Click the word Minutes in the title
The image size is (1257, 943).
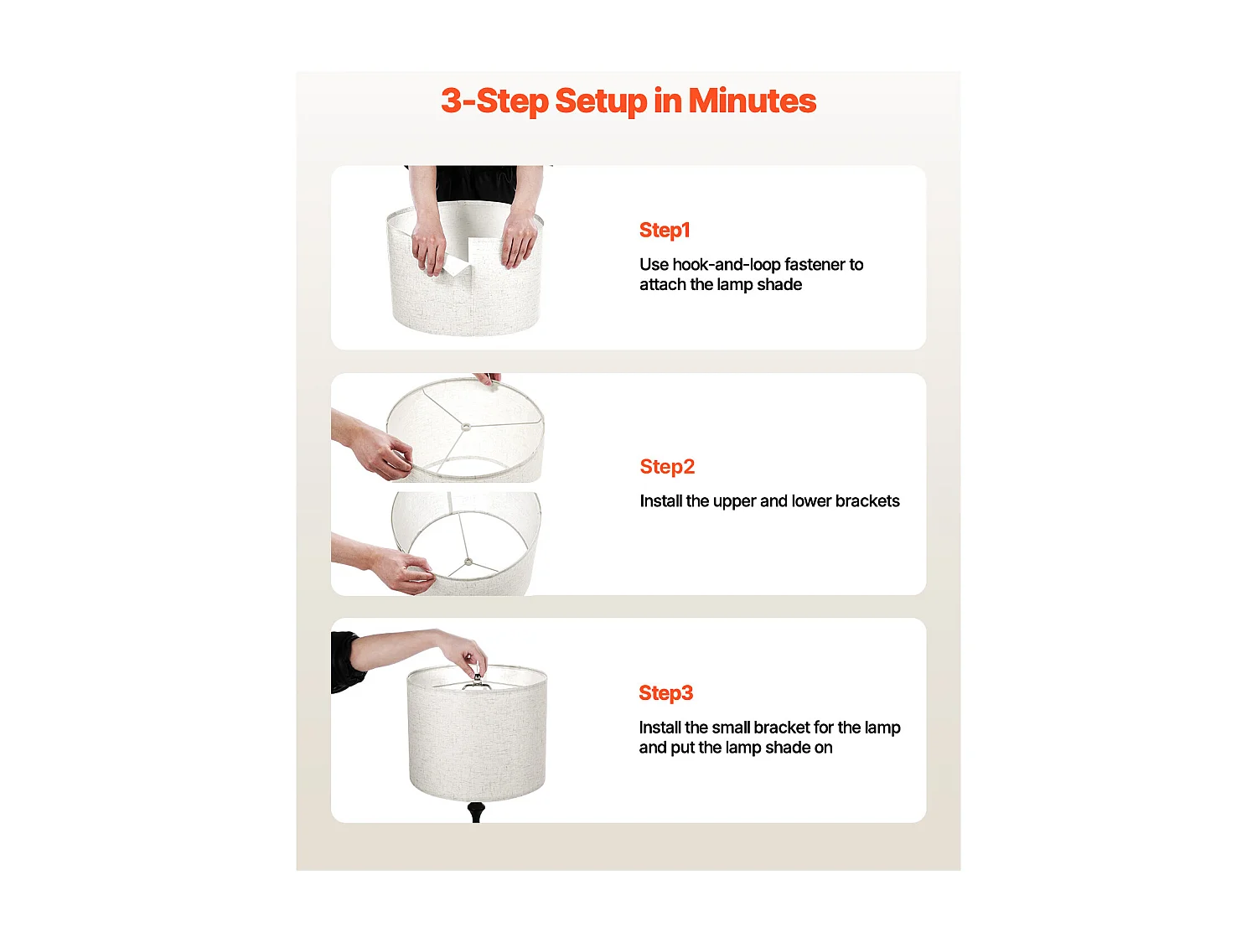pos(752,101)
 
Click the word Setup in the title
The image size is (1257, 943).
pos(601,102)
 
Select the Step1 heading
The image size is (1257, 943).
pos(665,231)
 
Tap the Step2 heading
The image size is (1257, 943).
pos(667,467)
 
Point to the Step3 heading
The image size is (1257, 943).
pos(666,693)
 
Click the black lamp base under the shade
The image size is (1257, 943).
pos(476,812)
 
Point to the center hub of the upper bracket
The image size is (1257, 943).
pos(466,427)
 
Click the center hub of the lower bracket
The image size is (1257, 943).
pos(468,562)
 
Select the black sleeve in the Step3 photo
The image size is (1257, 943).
pos(346,661)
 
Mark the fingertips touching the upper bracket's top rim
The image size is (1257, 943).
pos(488,379)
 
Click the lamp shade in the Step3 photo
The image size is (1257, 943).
pos(477,733)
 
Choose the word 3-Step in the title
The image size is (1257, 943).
pos(495,102)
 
